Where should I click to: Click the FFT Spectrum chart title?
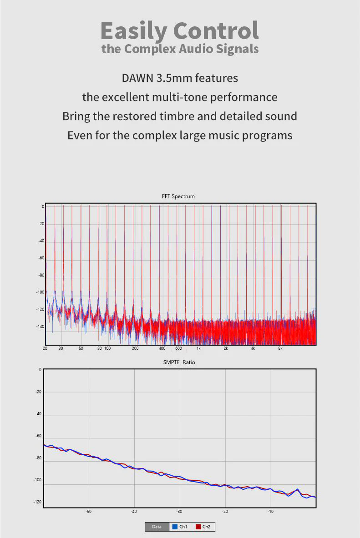[x=178, y=196]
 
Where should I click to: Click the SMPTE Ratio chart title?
[x=179, y=362]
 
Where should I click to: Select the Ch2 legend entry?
[x=203, y=527]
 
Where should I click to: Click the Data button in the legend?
[x=157, y=527]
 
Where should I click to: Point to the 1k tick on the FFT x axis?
[x=198, y=348]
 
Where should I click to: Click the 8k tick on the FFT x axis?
[x=280, y=348]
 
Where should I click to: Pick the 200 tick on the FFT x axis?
[x=135, y=348]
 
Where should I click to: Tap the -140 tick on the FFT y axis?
[x=40, y=327]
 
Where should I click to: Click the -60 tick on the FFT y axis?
[x=41, y=258]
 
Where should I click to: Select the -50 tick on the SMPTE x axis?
[x=88, y=512]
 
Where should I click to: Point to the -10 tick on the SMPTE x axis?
[x=270, y=512]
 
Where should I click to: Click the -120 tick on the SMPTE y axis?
[x=37, y=502]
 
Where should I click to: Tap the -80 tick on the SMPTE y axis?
[x=38, y=458]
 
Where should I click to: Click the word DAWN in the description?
[x=138, y=78]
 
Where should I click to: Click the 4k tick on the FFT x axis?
[x=253, y=348]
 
